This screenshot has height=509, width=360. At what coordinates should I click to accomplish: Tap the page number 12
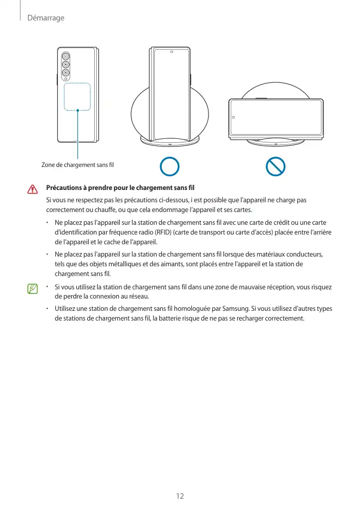point(180,496)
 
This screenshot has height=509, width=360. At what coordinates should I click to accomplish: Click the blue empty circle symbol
point(169,167)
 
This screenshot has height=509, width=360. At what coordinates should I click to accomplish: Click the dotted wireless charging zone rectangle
point(77,97)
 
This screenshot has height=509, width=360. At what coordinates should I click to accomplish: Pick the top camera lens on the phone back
point(66,56)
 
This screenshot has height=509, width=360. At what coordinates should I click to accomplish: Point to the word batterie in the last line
point(173,319)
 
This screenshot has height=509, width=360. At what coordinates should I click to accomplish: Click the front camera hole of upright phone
point(172,52)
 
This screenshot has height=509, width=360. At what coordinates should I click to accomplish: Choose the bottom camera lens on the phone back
point(66,73)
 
